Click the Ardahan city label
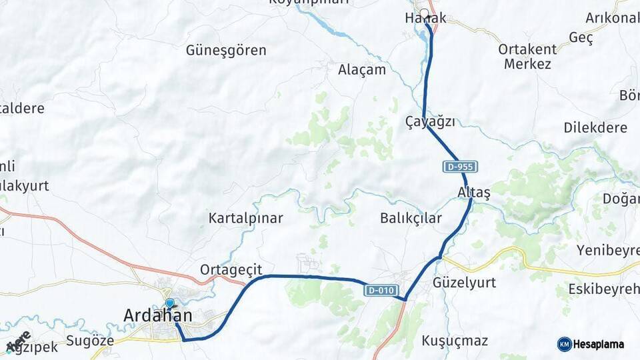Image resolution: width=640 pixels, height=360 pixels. coord(158,316)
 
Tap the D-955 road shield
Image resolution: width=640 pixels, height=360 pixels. coord(459,167)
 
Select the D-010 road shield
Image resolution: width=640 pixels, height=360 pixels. coord(381,290)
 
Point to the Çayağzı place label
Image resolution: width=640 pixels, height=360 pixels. coord(431,121)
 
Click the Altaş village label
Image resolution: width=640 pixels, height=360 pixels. coord(474,193)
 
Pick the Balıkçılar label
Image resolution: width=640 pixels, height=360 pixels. coord(411,218)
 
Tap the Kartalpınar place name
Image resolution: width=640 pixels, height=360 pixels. coord(245,218)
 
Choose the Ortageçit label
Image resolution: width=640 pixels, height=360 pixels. coord(231,269)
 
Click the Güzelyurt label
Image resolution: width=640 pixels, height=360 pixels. coord(464,283)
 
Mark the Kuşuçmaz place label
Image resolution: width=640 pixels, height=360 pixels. coord(455,341)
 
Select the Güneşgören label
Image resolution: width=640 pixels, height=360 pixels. coord(226,50)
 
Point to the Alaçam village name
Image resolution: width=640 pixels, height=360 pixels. coord(362,69)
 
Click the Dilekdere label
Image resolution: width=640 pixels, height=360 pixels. coord(595,127)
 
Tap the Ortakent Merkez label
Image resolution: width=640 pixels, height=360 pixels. coord(527,57)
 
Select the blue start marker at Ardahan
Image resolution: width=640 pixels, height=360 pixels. coord(169,304)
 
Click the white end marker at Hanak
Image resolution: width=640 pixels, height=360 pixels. coord(424,13)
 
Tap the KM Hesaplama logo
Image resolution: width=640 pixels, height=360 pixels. coord(591,344)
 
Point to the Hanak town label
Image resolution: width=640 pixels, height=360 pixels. coord(425,19)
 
